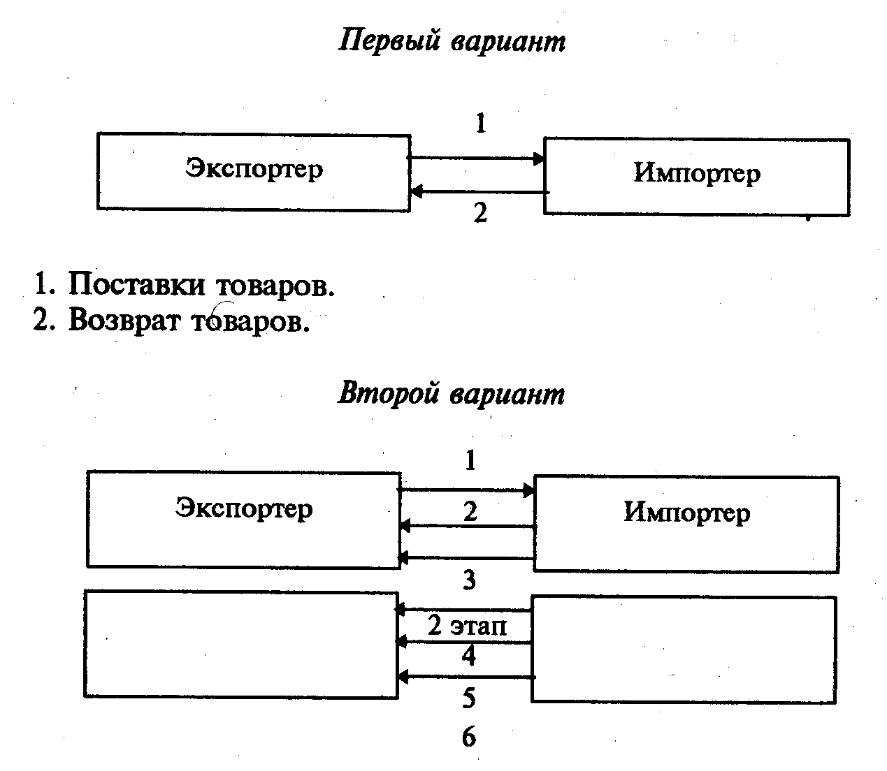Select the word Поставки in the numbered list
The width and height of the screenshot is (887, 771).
click(136, 285)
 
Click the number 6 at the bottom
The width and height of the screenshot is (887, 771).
click(469, 737)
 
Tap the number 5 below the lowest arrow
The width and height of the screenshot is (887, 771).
click(469, 698)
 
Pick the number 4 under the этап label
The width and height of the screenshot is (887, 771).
click(469, 656)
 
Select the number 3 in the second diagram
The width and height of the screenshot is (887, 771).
click(470, 579)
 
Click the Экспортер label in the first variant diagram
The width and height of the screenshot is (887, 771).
click(254, 169)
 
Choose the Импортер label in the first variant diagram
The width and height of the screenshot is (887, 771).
click(696, 173)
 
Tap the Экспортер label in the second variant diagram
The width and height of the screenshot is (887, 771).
click(243, 508)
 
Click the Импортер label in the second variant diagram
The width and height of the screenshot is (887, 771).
click(686, 513)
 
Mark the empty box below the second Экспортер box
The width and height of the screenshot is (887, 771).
click(241, 643)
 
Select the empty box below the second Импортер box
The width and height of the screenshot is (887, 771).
click(684, 649)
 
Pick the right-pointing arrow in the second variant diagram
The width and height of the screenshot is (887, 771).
click(466, 490)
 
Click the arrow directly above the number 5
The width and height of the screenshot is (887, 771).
click(466, 677)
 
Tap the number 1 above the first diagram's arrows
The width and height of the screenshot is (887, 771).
click(480, 124)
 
